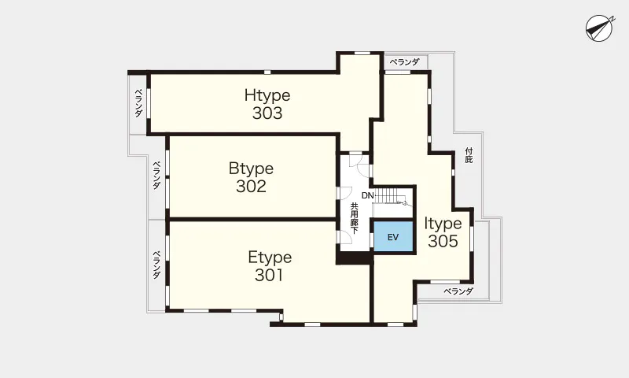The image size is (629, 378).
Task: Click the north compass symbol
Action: (x=599, y=28)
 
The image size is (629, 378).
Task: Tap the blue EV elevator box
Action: (x=393, y=236)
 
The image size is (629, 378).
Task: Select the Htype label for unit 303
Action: (x=267, y=95)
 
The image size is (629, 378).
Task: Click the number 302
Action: (x=251, y=186)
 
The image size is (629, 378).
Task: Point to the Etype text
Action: (x=270, y=257)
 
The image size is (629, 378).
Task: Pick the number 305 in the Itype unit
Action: (x=443, y=241)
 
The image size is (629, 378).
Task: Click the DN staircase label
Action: (x=367, y=195)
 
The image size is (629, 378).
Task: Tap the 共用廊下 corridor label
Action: (x=355, y=218)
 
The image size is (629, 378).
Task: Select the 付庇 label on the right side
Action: (x=469, y=155)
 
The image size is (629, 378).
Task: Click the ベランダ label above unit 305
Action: (x=404, y=62)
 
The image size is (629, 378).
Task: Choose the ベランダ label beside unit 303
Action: (x=138, y=103)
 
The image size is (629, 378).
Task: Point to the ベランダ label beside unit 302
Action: (x=156, y=175)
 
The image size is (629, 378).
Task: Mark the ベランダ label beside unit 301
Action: (x=156, y=265)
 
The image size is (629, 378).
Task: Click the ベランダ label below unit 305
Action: (x=458, y=291)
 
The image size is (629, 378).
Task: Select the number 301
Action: (x=269, y=275)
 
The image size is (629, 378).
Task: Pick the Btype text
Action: (x=251, y=169)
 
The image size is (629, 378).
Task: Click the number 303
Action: (x=267, y=113)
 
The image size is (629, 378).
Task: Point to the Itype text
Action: (x=443, y=224)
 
